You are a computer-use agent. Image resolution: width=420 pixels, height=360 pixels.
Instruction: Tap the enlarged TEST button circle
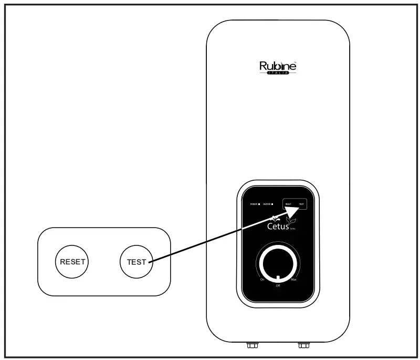[136, 261]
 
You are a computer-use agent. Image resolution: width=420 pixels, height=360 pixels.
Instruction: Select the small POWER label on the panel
[254, 203]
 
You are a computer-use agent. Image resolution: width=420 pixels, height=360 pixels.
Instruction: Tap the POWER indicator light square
[259, 203]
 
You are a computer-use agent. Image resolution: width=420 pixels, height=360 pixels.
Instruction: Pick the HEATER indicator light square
[273, 203]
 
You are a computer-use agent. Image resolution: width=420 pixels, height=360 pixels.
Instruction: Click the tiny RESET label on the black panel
[288, 203]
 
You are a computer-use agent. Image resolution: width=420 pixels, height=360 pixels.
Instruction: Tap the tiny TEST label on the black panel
[301, 203]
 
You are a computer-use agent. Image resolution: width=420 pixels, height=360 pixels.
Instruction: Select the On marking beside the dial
[262, 280]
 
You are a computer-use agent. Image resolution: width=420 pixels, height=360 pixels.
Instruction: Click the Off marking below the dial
[278, 285]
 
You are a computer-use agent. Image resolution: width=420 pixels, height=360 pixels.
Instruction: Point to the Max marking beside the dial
[295, 280]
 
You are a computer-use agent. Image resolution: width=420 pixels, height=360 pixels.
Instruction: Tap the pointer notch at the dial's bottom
[278, 277]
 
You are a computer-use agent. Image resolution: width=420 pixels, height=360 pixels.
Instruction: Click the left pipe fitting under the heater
[253, 345]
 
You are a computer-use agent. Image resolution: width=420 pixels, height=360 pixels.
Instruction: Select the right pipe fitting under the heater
[303, 345]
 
